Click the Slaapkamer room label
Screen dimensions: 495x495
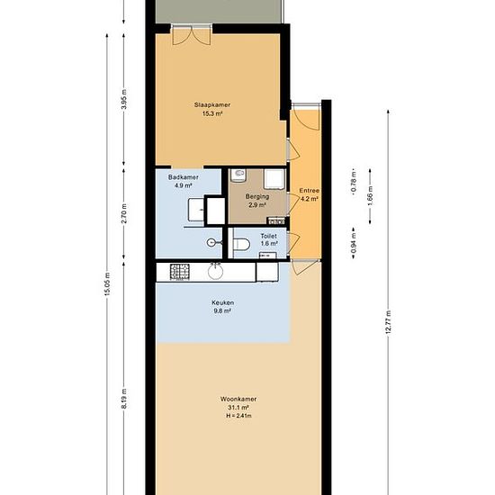212,104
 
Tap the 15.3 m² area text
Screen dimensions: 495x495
212,113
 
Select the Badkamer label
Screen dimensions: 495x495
183,177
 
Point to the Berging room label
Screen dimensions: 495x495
257,197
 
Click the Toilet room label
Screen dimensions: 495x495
269,236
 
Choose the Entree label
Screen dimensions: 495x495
309,191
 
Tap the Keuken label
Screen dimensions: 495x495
222,302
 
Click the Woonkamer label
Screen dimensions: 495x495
238,399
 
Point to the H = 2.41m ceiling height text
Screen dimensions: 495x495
238,416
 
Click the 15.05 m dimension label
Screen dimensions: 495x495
107,284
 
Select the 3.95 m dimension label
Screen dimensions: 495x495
124,99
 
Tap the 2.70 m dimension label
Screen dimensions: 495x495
124,213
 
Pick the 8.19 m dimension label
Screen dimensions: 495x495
124,399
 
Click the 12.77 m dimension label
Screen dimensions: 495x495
389,322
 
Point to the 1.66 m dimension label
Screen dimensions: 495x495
370,195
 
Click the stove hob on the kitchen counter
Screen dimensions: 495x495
180,272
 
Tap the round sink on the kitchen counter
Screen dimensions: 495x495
216,272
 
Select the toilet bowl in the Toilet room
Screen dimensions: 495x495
241,244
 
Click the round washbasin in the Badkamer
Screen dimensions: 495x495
211,242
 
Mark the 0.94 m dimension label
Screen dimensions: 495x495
354,242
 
